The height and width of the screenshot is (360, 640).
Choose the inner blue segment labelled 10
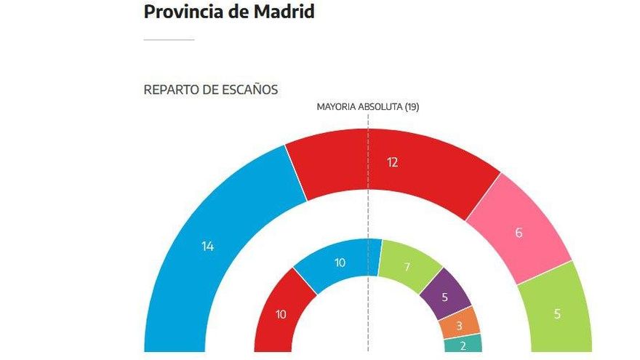[x=340, y=263]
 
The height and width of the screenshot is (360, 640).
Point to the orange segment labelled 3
[x=460, y=326]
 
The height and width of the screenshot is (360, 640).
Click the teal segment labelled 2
[x=463, y=345]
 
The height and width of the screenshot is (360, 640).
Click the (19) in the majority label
[x=412, y=106]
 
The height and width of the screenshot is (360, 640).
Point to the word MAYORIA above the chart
[x=337, y=106]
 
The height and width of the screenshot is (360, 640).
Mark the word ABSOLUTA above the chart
[x=381, y=106]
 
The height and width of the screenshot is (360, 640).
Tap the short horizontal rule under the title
[x=169, y=39]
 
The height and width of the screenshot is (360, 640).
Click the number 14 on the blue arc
[x=207, y=247]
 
